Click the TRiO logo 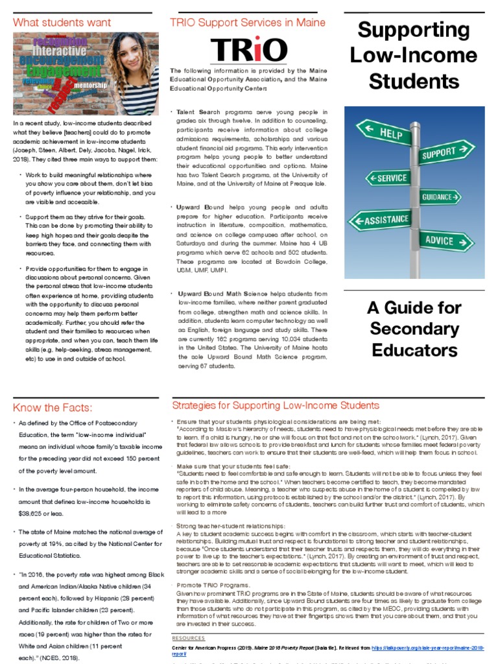(x=248, y=50)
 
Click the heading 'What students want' (x=62, y=22)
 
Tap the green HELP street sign (x=388, y=132)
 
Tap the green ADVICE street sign (x=445, y=241)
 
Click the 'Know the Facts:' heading (x=53, y=407)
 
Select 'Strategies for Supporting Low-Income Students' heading (x=276, y=406)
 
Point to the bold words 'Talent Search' (x=198, y=112)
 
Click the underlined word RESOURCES (x=188, y=638)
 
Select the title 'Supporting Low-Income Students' (x=414, y=56)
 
